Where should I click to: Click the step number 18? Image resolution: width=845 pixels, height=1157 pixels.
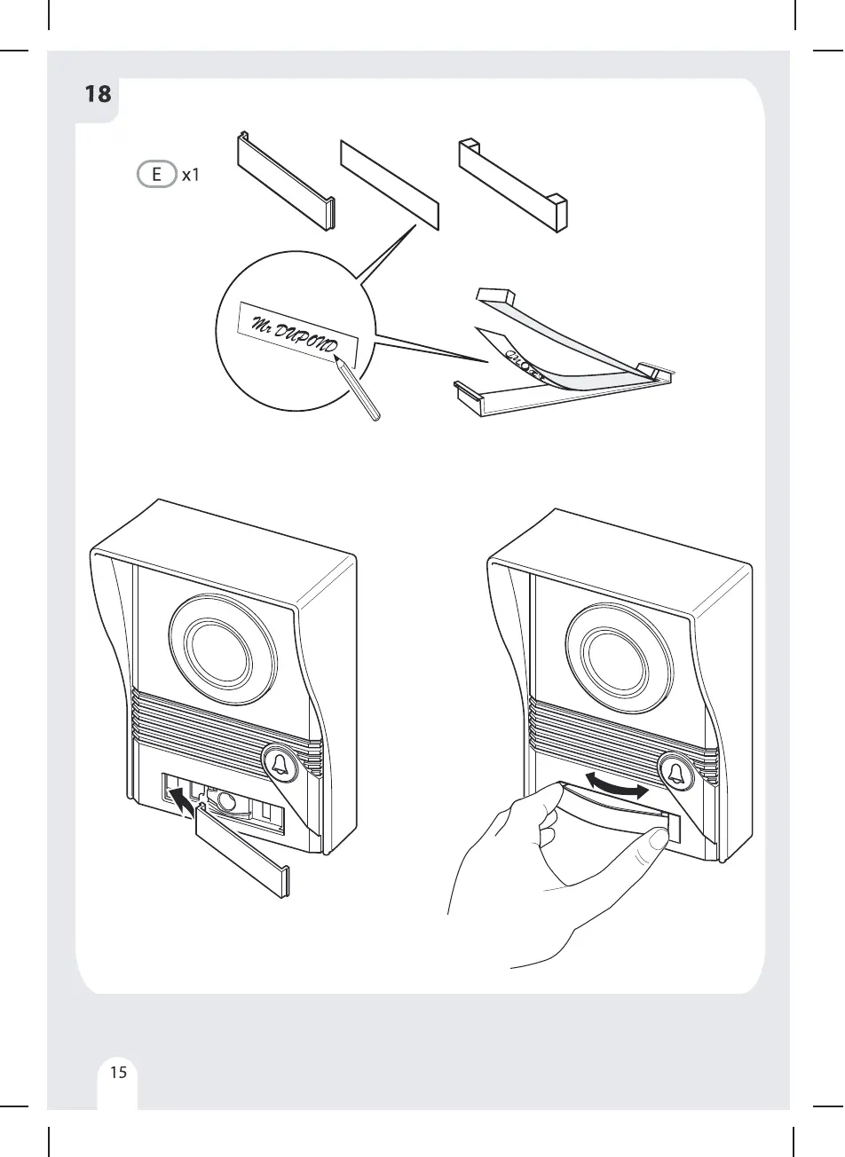[99, 93]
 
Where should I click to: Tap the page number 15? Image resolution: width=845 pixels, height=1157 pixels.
[118, 1073]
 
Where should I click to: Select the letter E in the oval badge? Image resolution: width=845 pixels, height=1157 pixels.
[157, 175]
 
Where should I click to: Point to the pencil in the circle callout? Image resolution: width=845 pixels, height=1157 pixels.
[360, 393]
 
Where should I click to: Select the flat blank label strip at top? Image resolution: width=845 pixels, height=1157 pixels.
[389, 184]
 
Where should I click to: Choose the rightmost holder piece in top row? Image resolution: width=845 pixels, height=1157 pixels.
[512, 184]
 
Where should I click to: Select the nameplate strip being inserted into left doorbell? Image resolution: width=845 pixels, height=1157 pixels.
[241, 854]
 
